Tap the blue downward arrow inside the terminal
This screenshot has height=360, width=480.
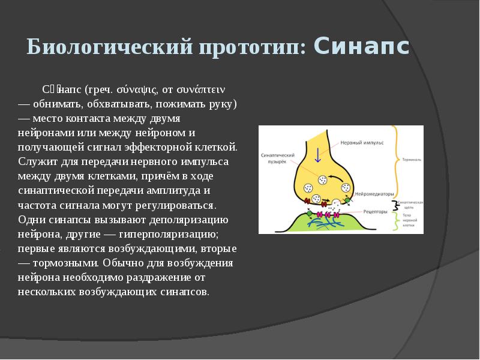(x=318, y=155)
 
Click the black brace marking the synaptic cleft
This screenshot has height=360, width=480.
(x=395, y=206)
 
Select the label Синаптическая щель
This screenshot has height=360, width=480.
(x=412, y=206)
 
